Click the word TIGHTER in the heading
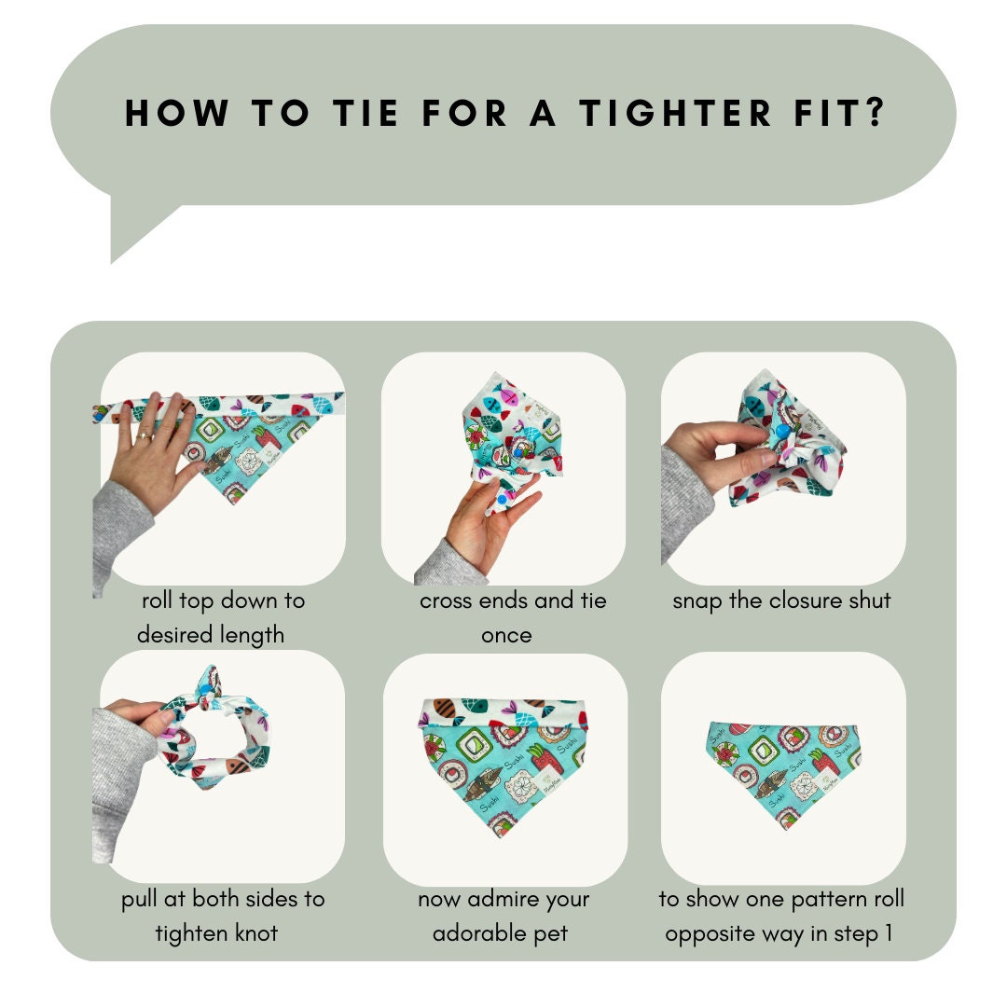pos(674,113)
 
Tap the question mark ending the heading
pos(874,113)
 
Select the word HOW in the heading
pos(176,113)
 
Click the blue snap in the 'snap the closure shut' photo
pos(782,431)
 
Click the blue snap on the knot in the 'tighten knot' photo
pos(205,690)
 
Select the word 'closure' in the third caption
pos(806,600)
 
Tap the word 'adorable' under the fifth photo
pos(480,933)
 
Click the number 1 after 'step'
pos(889,933)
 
